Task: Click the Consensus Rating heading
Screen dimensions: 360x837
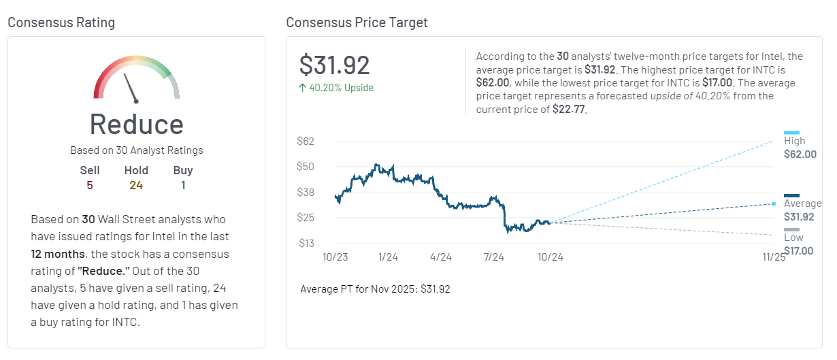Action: pyautogui.click(x=61, y=22)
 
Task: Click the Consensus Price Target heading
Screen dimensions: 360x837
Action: pyautogui.click(x=357, y=22)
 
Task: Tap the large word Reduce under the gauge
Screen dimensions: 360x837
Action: pyautogui.click(x=136, y=125)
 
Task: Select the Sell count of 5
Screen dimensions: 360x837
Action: pyautogui.click(x=89, y=185)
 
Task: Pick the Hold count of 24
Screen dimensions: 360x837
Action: pyautogui.click(x=136, y=185)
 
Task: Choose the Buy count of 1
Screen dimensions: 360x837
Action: pyautogui.click(x=183, y=185)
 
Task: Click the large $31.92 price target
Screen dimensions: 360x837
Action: pyautogui.click(x=335, y=65)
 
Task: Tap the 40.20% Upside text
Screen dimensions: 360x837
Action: pyautogui.click(x=336, y=88)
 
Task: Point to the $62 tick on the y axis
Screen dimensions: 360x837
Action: pyautogui.click(x=305, y=142)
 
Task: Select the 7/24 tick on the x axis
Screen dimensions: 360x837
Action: pyautogui.click(x=493, y=257)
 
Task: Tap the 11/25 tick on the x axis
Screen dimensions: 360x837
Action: pyautogui.click(x=774, y=257)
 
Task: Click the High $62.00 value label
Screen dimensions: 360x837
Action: pyautogui.click(x=800, y=154)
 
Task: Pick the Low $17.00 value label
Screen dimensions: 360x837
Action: pyautogui.click(x=798, y=251)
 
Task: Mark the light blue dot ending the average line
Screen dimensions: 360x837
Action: pyautogui.click(x=773, y=203)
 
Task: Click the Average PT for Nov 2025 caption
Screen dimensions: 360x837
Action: pyautogui.click(x=375, y=289)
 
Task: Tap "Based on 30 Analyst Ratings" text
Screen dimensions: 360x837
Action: pyautogui.click(x=136, y=150)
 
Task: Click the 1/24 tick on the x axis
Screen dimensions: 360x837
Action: pyautogui.click(x=388, y=257)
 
